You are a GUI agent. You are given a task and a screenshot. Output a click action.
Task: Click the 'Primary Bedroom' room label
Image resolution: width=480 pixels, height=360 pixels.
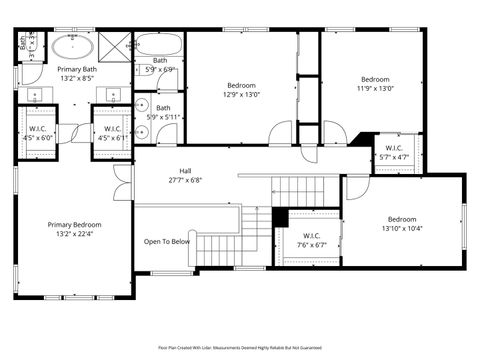[x=74, y=225]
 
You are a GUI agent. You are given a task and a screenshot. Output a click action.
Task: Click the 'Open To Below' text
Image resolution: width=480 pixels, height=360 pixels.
[x=167, y=241]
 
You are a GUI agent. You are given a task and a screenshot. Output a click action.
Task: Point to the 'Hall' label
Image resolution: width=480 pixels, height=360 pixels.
[x=185, y=171]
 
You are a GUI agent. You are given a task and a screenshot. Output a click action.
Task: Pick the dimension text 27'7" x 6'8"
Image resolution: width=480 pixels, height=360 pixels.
[x=185, y=181]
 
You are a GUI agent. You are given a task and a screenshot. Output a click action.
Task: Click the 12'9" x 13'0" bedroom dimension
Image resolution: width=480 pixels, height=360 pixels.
[x=241, y=96]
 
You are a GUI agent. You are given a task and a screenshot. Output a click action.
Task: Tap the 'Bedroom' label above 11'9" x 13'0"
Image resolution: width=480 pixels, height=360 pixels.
[x=375, y=79]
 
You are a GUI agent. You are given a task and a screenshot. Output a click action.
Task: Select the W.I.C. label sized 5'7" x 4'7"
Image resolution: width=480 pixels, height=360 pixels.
[x=394, y=148]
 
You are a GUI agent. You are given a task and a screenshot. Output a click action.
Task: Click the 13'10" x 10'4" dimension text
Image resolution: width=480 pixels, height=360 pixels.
[x=402, y=229]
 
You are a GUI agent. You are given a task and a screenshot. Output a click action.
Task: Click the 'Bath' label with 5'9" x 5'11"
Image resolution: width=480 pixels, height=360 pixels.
[x=162, y=108]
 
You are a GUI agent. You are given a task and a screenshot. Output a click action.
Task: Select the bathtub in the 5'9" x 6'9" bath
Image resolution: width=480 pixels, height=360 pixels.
[x=158, y=44]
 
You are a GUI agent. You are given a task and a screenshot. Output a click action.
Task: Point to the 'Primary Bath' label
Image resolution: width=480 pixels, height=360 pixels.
[x=76, y=69]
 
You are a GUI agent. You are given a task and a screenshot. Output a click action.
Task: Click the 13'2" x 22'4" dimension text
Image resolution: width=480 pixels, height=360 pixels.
[x=74, y=235]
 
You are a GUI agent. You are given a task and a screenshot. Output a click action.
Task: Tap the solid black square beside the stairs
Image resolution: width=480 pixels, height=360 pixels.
[x=280, y=217]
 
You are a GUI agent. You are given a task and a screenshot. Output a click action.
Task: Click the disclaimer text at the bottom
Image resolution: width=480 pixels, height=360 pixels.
[x=240, y=347]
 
